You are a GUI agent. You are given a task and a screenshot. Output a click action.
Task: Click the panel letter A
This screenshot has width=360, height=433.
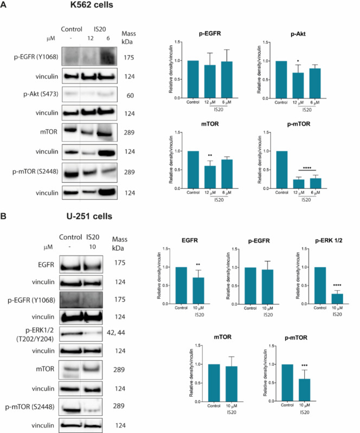point(5,7)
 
